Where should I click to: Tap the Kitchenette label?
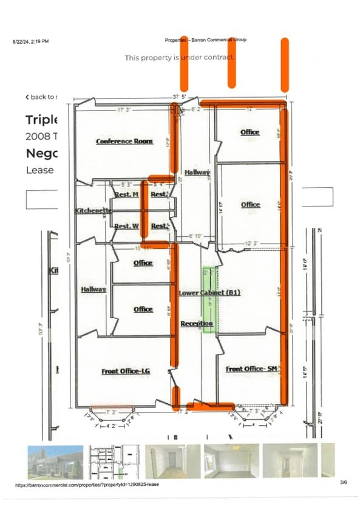tap(93, 211)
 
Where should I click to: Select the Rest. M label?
tap(127, 194)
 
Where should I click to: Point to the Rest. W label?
tap(127, 226)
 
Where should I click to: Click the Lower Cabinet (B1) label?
tap(210, 293)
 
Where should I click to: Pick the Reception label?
tap(197, 324)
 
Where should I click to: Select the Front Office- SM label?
tap(251, 369)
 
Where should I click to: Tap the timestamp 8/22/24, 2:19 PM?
tap(31, 41)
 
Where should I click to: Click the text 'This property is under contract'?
tap(179, 58)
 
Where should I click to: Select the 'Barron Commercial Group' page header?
tap(205, 40)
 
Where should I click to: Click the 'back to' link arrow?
tap(27, 97)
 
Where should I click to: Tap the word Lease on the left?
tap(40, 170)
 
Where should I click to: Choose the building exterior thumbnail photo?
tap(54, 460)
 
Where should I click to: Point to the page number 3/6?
tap(344, 482)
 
